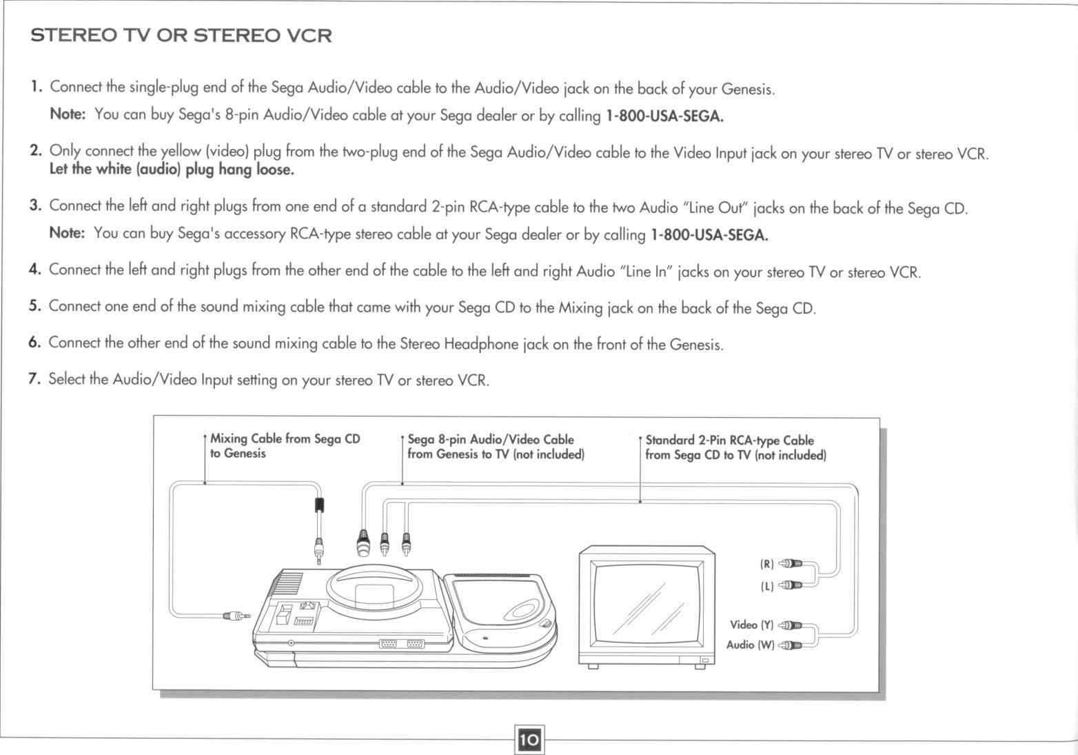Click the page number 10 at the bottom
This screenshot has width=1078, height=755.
pos(529,740)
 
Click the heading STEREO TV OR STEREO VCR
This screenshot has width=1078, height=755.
pos(181,36)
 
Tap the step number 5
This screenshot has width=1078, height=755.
pos(35,306)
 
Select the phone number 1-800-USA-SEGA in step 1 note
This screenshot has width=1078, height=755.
pos(664,116)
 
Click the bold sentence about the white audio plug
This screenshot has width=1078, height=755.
pos(172,170)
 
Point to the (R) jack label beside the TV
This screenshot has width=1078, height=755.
pos(766,564)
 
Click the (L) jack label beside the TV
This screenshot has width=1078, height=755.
pos(766,587)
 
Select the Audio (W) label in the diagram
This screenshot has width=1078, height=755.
pos(750,645)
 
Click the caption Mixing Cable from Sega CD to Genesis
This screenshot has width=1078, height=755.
pos(284,446)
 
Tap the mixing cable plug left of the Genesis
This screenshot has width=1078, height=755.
pos(236,616)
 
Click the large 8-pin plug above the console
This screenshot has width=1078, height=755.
pos(363,543)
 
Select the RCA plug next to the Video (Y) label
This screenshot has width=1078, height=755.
pos(791,625)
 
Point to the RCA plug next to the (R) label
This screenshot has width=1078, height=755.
pos(791,564)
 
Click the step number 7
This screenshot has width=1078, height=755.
pos(34,379)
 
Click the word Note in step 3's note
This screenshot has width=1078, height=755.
pos(67,233)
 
